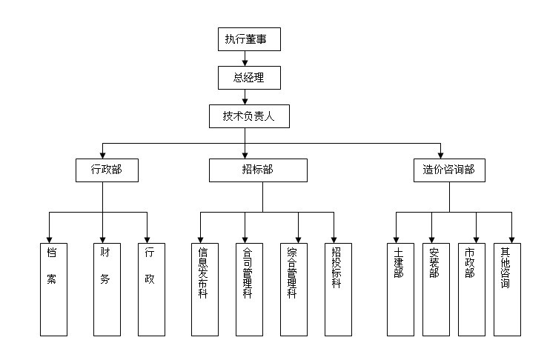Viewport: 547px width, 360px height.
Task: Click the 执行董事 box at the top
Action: (x=249, y=39)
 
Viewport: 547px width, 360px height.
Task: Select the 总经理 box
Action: (x=248, y=77)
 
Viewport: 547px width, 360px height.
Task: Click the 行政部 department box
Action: (x=106, y=170)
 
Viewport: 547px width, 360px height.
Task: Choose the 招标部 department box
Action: (x=257, y=170)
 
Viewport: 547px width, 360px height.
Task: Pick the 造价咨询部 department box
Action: (x=448, y=170)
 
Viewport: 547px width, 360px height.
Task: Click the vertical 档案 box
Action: (x=53, y=289)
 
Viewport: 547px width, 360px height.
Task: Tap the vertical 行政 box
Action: (x=150, y=289)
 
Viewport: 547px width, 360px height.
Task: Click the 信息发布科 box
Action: (x=204, y=289)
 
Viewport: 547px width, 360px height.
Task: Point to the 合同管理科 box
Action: (x=248, y=289)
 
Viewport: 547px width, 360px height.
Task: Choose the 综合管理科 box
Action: (x=293, y=289)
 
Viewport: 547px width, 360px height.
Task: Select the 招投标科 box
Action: (x=337, y=289)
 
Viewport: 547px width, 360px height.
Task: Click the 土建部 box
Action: (x=400, y=289)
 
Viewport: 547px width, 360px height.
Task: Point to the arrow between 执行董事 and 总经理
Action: (x=245, y=59)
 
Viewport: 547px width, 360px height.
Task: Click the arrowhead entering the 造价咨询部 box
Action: (x=440, y=153)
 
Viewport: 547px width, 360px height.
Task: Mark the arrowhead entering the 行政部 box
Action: (x=102, y=153)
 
